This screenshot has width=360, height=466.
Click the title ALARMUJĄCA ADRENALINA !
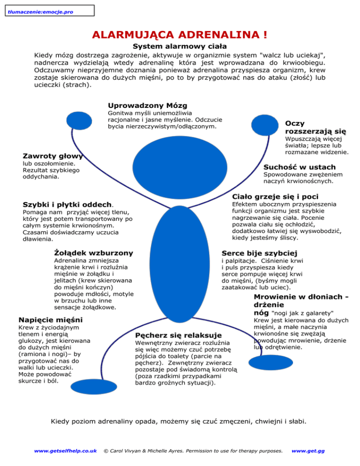(180, 35)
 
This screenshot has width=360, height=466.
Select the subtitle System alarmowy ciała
(180, 46)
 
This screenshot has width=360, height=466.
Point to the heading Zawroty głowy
(53, 156)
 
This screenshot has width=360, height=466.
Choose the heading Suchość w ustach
(299, 167)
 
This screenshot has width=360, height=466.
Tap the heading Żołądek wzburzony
(94, 253)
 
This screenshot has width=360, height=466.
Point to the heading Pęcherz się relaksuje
(178, 335)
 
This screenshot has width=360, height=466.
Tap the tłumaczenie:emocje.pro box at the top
(47, 10)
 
